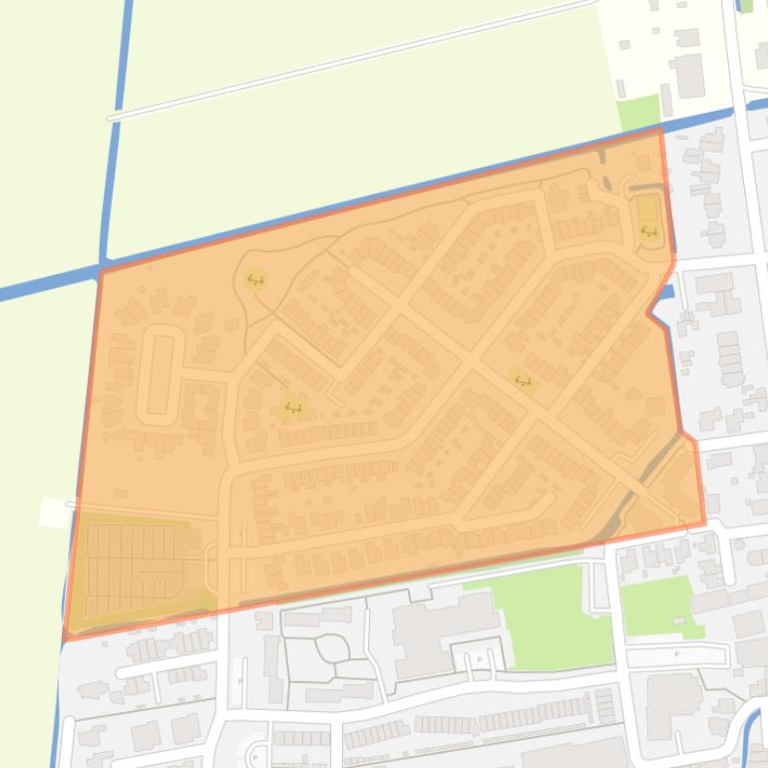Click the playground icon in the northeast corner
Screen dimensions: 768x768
649,232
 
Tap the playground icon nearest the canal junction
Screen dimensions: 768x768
256,279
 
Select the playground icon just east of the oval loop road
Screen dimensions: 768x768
292,406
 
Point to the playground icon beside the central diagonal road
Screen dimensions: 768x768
523,381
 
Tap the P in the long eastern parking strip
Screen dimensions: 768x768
677,655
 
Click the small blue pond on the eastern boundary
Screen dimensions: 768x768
667,292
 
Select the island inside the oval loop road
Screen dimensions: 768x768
160,375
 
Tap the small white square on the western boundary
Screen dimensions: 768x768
56,512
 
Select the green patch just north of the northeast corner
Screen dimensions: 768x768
638,113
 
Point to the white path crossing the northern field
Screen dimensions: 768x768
349,59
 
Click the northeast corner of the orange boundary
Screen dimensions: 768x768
660,130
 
